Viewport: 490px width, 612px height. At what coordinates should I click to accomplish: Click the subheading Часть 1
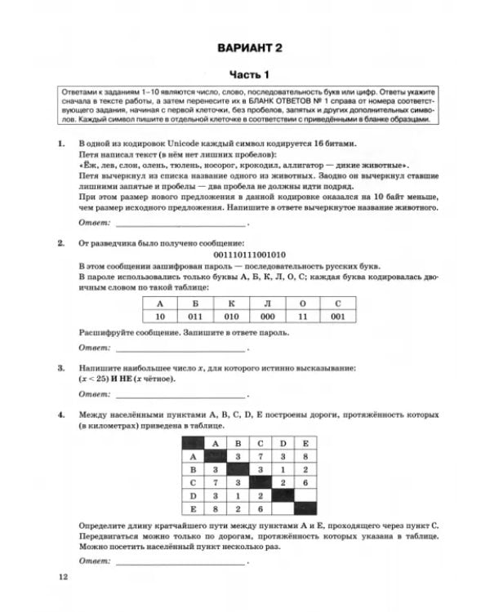click(247, 73)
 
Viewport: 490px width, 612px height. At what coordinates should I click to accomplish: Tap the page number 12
click(65, 578)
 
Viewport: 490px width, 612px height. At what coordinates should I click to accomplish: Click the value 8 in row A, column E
click(304, 458)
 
